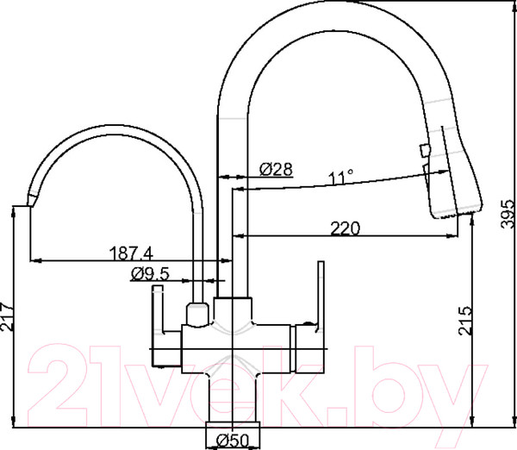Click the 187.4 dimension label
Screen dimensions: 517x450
pyautogui.click(x=131, y=253)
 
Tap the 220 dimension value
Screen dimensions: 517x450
pyautogui.click(x=346, y=228)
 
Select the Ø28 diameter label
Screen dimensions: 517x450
pyautogui.click(x=276, y=169)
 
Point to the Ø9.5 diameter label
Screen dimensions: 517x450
pyautogui.click(x=150, y=273)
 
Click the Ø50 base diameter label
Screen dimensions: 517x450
pyautogui.click(x=233, y=441)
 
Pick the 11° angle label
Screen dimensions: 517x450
pyautogui.click(x=341, y=178)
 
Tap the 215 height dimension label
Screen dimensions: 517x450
pyautogui.click(x=465, y=321)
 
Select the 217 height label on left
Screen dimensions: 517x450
pyautogui.click(x=7, y=316)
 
